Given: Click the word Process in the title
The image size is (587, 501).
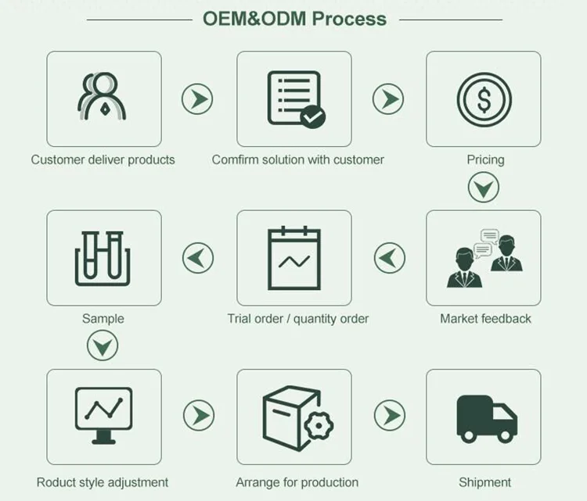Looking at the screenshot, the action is click(349, 19).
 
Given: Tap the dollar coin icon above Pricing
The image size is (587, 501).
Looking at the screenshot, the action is click(484, 99).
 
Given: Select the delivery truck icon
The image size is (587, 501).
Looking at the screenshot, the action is click(487, 419).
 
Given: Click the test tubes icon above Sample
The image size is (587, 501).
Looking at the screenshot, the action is click(103, 259).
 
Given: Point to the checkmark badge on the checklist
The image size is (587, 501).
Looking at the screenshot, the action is click(312, 117).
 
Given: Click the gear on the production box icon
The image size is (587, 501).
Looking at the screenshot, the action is click(319, 425).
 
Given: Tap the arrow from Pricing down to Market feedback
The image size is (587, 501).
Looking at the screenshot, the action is click(484, 188).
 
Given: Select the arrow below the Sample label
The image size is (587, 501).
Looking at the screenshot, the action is click(103, 345).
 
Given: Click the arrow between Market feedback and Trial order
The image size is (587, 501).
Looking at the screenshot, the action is click(389, 258).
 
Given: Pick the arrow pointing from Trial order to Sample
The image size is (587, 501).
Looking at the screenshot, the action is click(198, 258).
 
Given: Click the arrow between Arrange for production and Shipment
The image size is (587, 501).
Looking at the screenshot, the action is click(389, 415).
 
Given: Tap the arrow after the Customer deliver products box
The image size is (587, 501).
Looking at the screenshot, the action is click(197, 99).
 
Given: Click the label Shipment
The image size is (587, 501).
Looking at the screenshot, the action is click(484, 482).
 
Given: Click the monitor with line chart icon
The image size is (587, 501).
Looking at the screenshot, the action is click(103, 416).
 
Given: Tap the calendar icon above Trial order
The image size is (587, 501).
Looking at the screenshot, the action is click(294, 258).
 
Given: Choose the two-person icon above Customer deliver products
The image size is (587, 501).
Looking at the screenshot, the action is click(102, 96).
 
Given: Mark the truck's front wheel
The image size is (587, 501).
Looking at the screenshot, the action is click(505, 435).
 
